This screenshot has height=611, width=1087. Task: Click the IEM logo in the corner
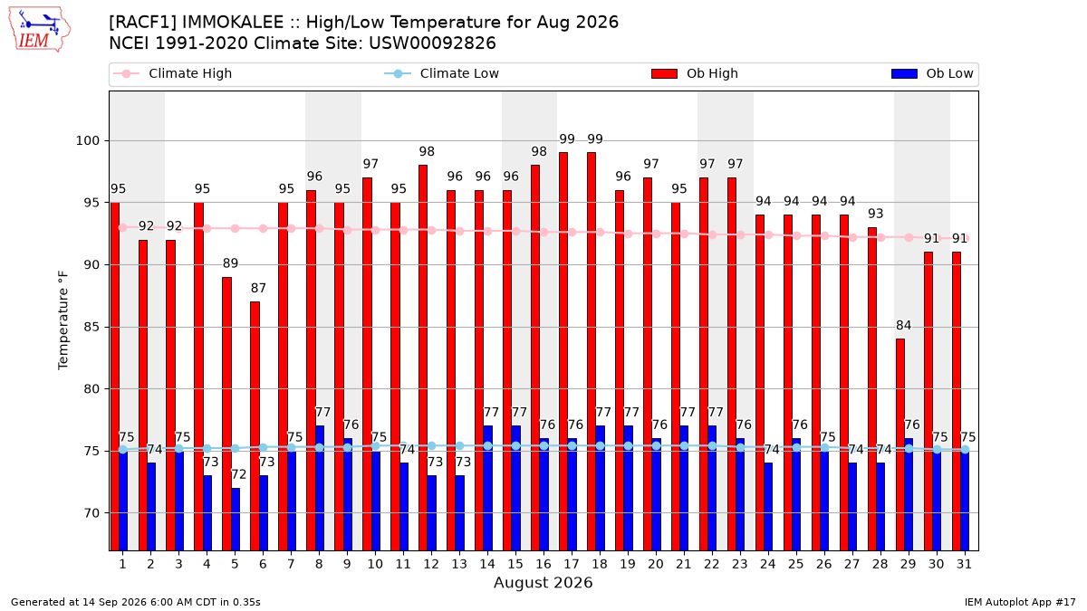(40, 30)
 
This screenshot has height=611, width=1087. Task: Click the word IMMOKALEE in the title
(239, 23)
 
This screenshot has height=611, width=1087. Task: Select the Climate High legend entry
(173, 73)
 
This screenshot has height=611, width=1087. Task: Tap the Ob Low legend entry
(932, 73)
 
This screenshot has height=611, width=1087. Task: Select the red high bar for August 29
(900, 444)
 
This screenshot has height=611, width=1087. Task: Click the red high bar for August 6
(255, 426)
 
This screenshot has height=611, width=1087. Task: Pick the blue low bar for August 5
(236, 520)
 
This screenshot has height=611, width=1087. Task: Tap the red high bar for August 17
(563, 351)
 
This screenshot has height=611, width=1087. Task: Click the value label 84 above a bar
(904, 325)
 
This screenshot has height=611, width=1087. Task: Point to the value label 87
(258, 288)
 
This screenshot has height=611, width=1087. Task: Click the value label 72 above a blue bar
(239, 474)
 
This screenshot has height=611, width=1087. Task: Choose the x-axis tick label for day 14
(487, 565)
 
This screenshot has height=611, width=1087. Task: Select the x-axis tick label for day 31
(964, 565)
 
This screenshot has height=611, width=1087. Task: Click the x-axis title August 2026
(543, 582)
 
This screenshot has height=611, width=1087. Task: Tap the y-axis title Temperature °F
(63, 320)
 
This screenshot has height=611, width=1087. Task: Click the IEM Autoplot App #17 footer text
(1020, 602)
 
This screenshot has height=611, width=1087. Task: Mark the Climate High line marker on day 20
(656, 234)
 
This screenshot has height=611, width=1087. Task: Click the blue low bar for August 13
(459, 513)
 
